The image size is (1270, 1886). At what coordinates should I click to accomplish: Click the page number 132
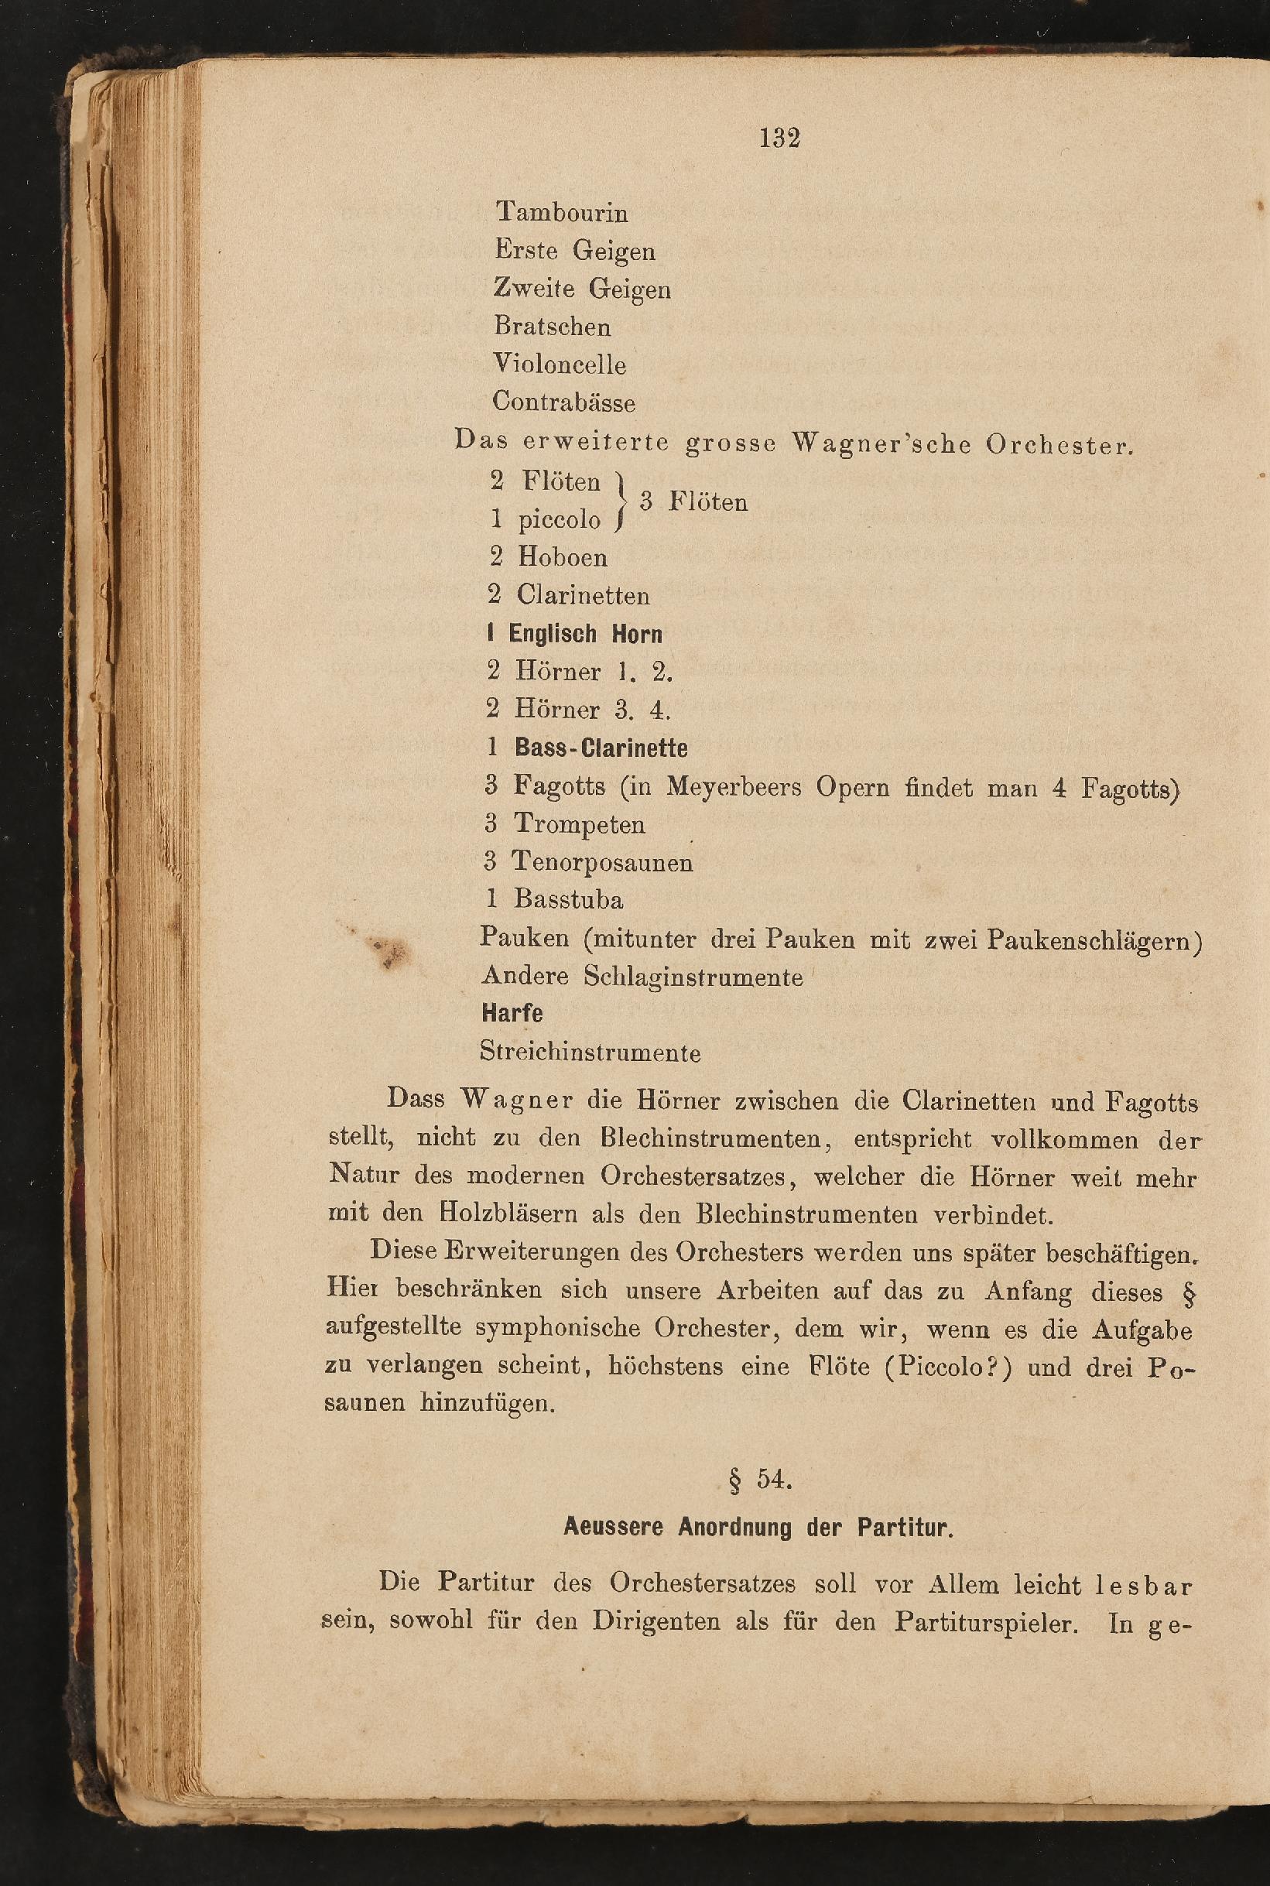click(779, 139)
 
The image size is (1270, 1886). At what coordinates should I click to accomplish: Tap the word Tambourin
click(562, 213)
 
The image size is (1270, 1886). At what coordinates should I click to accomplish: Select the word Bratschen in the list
click(553, 327)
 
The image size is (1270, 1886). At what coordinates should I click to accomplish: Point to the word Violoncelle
click(560, 365)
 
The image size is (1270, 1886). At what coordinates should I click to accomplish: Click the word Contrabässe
click(563, 402)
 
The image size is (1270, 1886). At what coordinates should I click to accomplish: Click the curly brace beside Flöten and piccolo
click(621, 502)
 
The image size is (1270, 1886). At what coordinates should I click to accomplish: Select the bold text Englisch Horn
click(585, 634)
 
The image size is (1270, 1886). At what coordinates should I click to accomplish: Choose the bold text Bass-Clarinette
click(601, 748)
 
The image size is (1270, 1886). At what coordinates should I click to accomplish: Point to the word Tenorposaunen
click(602, 862)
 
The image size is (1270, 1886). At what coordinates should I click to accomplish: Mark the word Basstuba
click(569, 900)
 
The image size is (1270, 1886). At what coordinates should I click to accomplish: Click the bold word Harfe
click(512, 1013)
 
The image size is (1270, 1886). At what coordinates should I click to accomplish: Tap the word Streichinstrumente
click(590, 1053)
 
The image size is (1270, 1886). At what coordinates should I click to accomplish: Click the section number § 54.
click(760, 1480)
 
